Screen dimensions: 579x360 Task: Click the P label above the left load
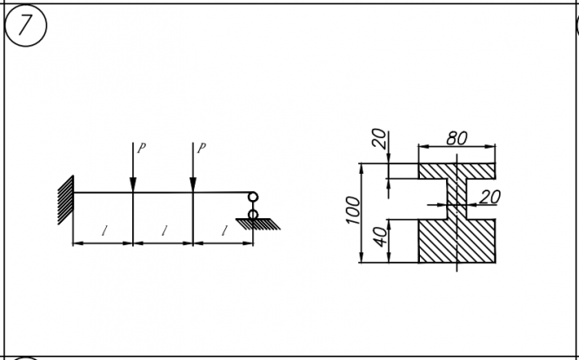click(141, 148)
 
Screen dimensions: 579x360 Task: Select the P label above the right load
click(201, 148)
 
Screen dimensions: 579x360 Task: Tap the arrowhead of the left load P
click(132, 186)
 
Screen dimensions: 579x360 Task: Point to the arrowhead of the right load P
click(192, 186)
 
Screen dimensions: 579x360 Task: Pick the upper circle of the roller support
click(252, 198)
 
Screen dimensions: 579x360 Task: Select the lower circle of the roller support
click(252, 213)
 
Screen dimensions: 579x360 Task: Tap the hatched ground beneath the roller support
click(258, 224)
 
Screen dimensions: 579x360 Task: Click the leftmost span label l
click(103, 231)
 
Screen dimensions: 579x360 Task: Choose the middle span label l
click(163, 231)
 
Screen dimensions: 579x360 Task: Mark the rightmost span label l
click(223, 231)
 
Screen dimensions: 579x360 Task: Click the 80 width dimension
click(456, 138)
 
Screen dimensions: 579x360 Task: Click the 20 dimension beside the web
click(490, 197)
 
